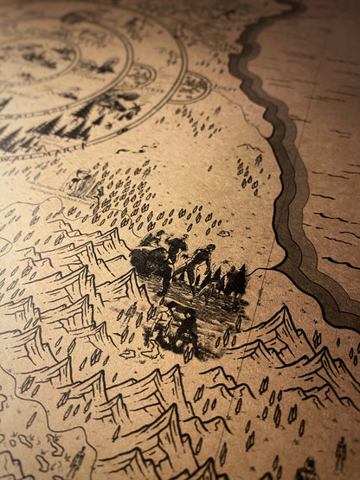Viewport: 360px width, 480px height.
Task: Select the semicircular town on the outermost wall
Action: click(x=190, y=87)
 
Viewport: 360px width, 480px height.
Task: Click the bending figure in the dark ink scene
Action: click(x=200, y=259)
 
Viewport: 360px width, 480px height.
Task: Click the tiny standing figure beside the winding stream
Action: click(x=77, y=458)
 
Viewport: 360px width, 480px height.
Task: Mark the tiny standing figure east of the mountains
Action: click(x=340, y=451)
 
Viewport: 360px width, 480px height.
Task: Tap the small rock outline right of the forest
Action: click(x=223, y=232)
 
